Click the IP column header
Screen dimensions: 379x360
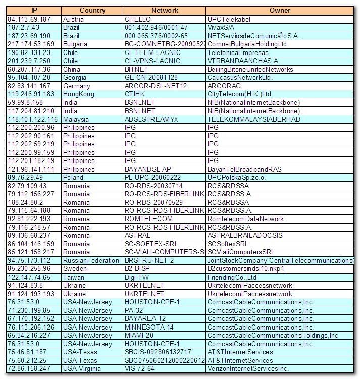pyautogui.click(x=34, y=11)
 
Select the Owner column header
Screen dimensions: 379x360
pyautogui.click(x=280, y=11)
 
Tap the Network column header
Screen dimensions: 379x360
pyautogui.click(x=165, y=11)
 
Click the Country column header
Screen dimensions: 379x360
pyautogui.click(x=92, y=11)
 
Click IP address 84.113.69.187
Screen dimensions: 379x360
pyautogui.click(x=29, y=19)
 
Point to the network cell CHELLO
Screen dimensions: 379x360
pyautogui.click(x=138, y=19)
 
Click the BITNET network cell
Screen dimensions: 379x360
pyautogui.click(x=137, y=69)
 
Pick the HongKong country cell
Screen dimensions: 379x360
pyautogui.click(x=79, y=94)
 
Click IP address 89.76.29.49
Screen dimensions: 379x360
pyautogui.click(x=25, y=177)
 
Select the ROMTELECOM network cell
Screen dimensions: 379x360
pyautogui.click(x=148, y=219)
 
